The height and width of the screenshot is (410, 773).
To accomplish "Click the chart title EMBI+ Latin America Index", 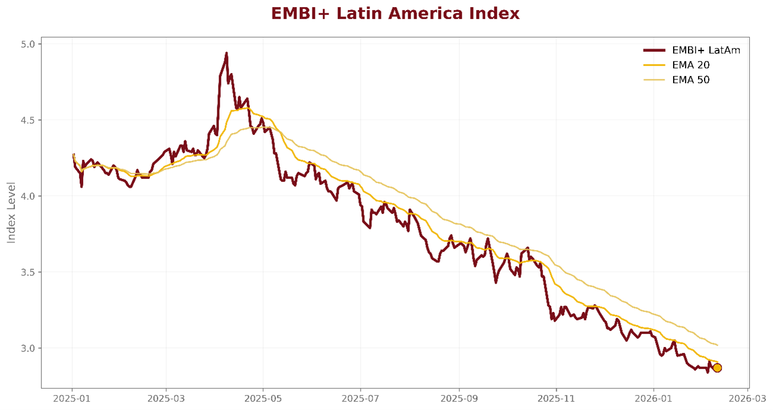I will [x=395, y=14].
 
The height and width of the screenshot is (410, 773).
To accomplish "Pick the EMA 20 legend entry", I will [x=690, y=65].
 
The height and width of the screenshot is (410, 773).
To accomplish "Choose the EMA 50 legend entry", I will [x=690, y=80].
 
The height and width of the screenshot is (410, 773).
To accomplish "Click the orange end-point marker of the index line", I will [x=717, y=368].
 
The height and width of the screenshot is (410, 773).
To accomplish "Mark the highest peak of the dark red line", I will [x=226, y=53].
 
